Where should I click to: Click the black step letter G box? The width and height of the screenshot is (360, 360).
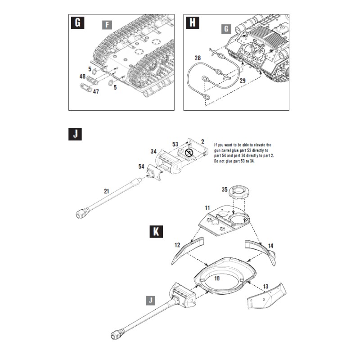click(77, 23)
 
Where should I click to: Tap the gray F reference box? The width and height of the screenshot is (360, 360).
click(106, 24)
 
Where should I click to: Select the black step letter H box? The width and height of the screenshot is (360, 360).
click(193, 23)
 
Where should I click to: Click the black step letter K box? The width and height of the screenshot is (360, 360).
click(155, 232)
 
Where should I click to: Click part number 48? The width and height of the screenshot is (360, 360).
click(82, 77)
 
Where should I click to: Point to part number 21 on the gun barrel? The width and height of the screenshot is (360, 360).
click(106, 191)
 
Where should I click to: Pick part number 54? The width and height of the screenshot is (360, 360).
click(142, 166)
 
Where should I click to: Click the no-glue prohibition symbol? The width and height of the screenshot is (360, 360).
click(189, 153)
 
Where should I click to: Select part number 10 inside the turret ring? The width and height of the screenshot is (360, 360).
click(217, 279)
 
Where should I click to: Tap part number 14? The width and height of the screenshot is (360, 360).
click(270, 246)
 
